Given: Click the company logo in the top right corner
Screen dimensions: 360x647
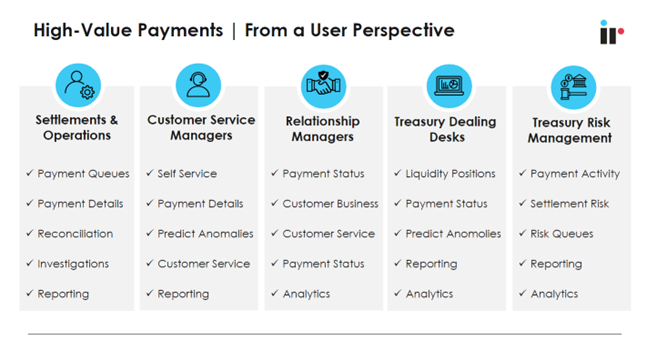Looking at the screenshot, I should pyautogui.click(x=611, y=32).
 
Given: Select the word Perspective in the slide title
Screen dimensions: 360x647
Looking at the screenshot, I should pyautogui.click(x=405, y=30).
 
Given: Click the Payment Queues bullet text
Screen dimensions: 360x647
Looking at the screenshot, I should pyautogui.click(x=84, y=174).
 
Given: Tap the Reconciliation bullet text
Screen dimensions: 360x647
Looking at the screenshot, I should pyautogui.click(x=76, y=234).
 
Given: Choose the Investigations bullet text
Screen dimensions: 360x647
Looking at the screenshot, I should pyautogui.click(x=74, y=264).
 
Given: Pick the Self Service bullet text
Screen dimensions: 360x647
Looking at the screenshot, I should pyautogui.click(x=187, y=174).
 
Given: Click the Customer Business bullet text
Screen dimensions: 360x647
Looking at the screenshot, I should pyautogui.click(x=330, y=204).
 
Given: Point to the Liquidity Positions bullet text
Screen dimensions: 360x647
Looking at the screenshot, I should pyautogui.click(x=450, y=174).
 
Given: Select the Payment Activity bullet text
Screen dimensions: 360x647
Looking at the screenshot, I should pyautogui.click(x=575, y=174).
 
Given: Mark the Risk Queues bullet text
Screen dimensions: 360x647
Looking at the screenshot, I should pyautogui.click(x=562, y=234).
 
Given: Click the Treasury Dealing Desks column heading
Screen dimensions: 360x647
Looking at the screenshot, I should pyautogui.click(x=446, y=129).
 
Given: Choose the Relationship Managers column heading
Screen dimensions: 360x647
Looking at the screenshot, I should pyautogui.click(x=323, y=129).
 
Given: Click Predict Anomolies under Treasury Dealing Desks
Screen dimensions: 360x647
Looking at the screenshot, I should pyautogui.click(x=453, y=234).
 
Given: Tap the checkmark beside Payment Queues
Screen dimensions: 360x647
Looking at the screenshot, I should pyautogui.click(x=30, y=174).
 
